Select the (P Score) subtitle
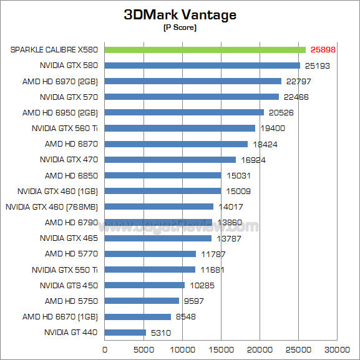coord(180,29)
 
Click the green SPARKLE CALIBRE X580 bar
coord(205,49)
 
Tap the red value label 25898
coord(323,49)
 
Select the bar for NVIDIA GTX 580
coord(202,66)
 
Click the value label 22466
coord(296,97)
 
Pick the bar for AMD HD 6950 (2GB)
coord(184,112)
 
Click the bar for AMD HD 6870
coord(176,144)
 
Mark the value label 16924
coord(253,160)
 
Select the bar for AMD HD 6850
coord(163,175)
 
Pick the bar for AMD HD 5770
coord(150,254)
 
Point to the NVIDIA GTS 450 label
coord(69,285)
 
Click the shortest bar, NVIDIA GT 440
coord(125,333)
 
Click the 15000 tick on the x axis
coord(221,349)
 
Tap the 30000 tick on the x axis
coord(339,349)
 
